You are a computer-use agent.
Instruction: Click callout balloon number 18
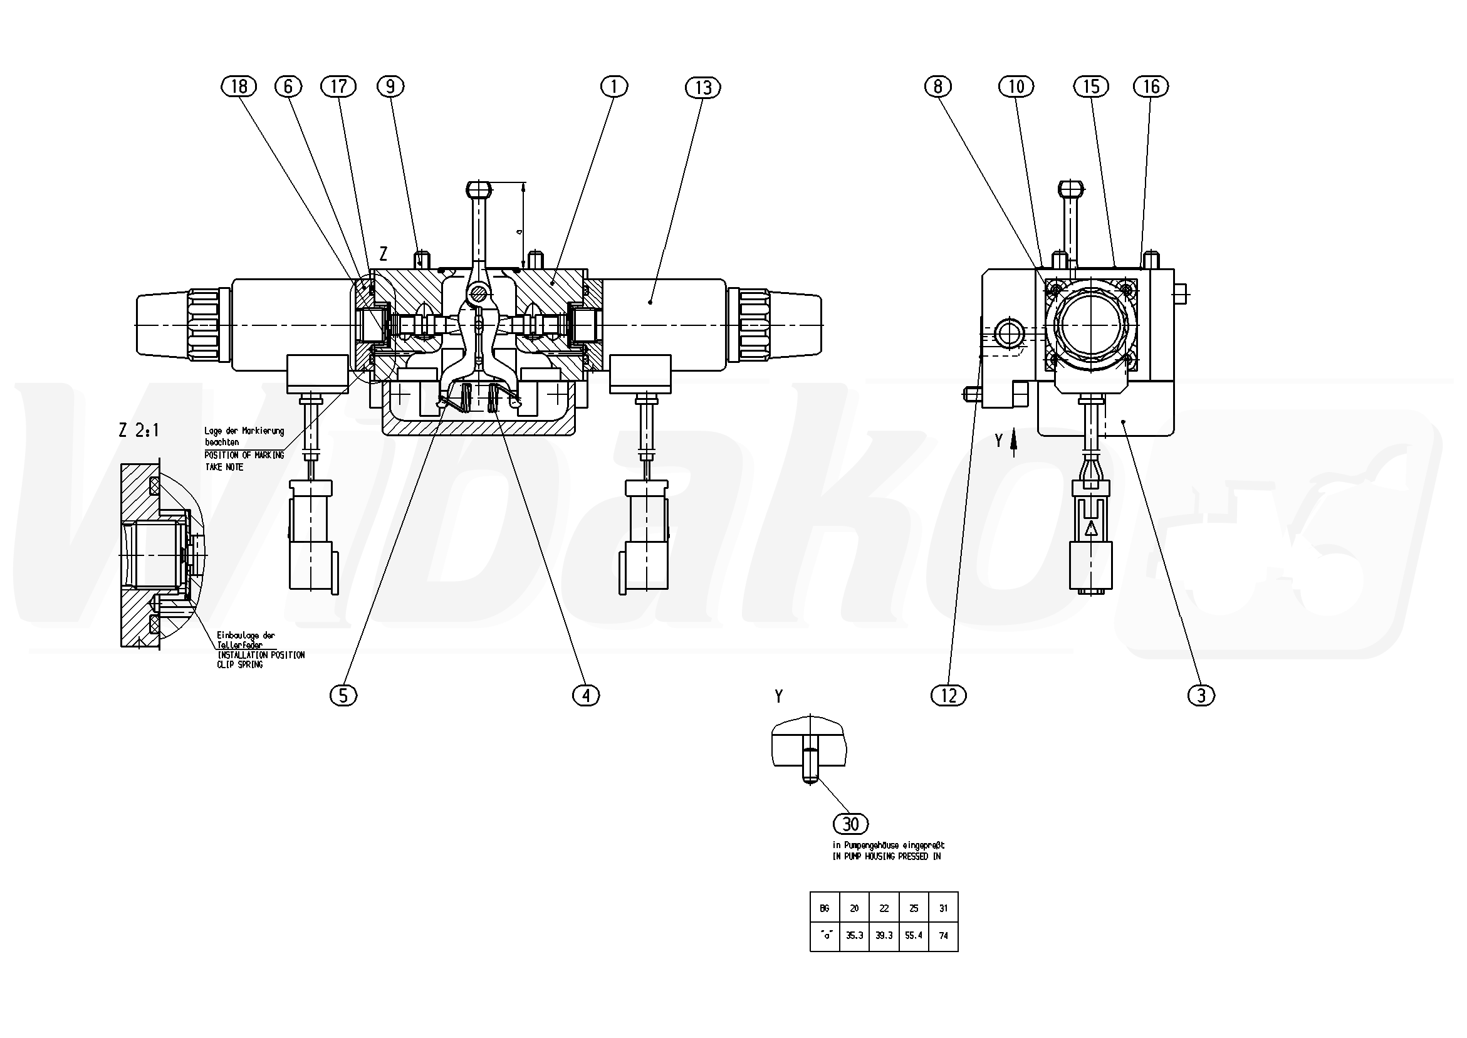[x=238, y=86]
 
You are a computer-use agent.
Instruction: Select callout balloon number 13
[x=703, y=88]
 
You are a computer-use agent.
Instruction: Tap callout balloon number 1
[x=614, y=86]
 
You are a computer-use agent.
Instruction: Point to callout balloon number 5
[x=343, y=695]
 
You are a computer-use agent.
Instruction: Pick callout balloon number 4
[x=586, y=695]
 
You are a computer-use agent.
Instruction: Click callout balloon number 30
[x=851, y=824]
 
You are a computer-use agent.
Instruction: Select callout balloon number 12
[x=949, y=695]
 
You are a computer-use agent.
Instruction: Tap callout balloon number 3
[x=1201, y=695]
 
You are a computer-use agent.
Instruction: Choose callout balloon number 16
[x=1151, y=86]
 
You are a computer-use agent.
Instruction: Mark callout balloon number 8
[x=938, y=86]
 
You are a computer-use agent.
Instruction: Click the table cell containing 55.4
[x=914, y=935]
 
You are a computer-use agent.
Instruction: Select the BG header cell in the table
[x=824, y=908]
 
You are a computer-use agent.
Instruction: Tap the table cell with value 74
[x=944, y=935]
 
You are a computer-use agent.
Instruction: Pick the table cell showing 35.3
[x=854, y=935]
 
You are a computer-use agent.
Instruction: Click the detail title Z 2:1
[x=138, y=430]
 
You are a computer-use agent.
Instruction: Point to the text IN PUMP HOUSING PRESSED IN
[x=886, y=856]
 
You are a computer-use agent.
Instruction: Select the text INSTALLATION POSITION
[x=261, y=655]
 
